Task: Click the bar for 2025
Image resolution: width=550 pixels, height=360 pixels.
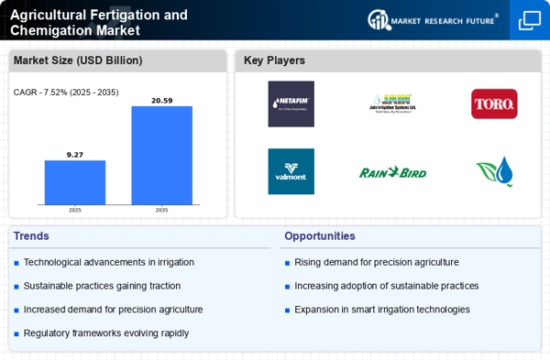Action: tap(75, 182)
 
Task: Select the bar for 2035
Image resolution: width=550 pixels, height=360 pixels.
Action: tap(161, 155)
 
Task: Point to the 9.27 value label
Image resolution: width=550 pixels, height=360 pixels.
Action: tap(75, 154)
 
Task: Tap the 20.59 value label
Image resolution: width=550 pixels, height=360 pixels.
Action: tap(161, 100)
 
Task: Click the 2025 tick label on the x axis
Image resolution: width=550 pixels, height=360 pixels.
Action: tap(75, 210)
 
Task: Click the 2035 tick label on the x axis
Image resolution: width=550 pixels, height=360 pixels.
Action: tap(161, 210)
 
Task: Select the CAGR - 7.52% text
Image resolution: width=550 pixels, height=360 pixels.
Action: tap(66, 93)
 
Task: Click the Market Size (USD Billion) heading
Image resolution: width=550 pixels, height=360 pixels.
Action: tap(79, 60)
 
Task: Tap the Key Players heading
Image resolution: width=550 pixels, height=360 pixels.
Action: tap(274, 60)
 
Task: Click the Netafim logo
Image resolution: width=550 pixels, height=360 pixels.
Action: tap(291, 104)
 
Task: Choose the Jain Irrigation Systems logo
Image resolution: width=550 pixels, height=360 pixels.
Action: tap(392, 104)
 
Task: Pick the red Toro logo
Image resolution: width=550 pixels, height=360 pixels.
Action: tap(494, 104)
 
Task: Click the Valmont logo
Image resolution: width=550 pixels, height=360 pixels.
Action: tap(291, 171)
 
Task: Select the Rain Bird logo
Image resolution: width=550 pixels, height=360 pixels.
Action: tap(392, 171)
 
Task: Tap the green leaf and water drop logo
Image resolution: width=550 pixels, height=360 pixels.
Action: tap(494, 171)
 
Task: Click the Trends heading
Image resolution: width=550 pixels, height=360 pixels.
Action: tap(33, 235)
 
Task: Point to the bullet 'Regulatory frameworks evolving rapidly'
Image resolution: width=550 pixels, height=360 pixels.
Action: tap(106, 333)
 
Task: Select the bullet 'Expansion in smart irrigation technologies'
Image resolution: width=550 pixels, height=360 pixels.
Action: tap(381, 309)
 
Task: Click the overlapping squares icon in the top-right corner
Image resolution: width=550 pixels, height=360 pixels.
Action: tap(529, 20)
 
